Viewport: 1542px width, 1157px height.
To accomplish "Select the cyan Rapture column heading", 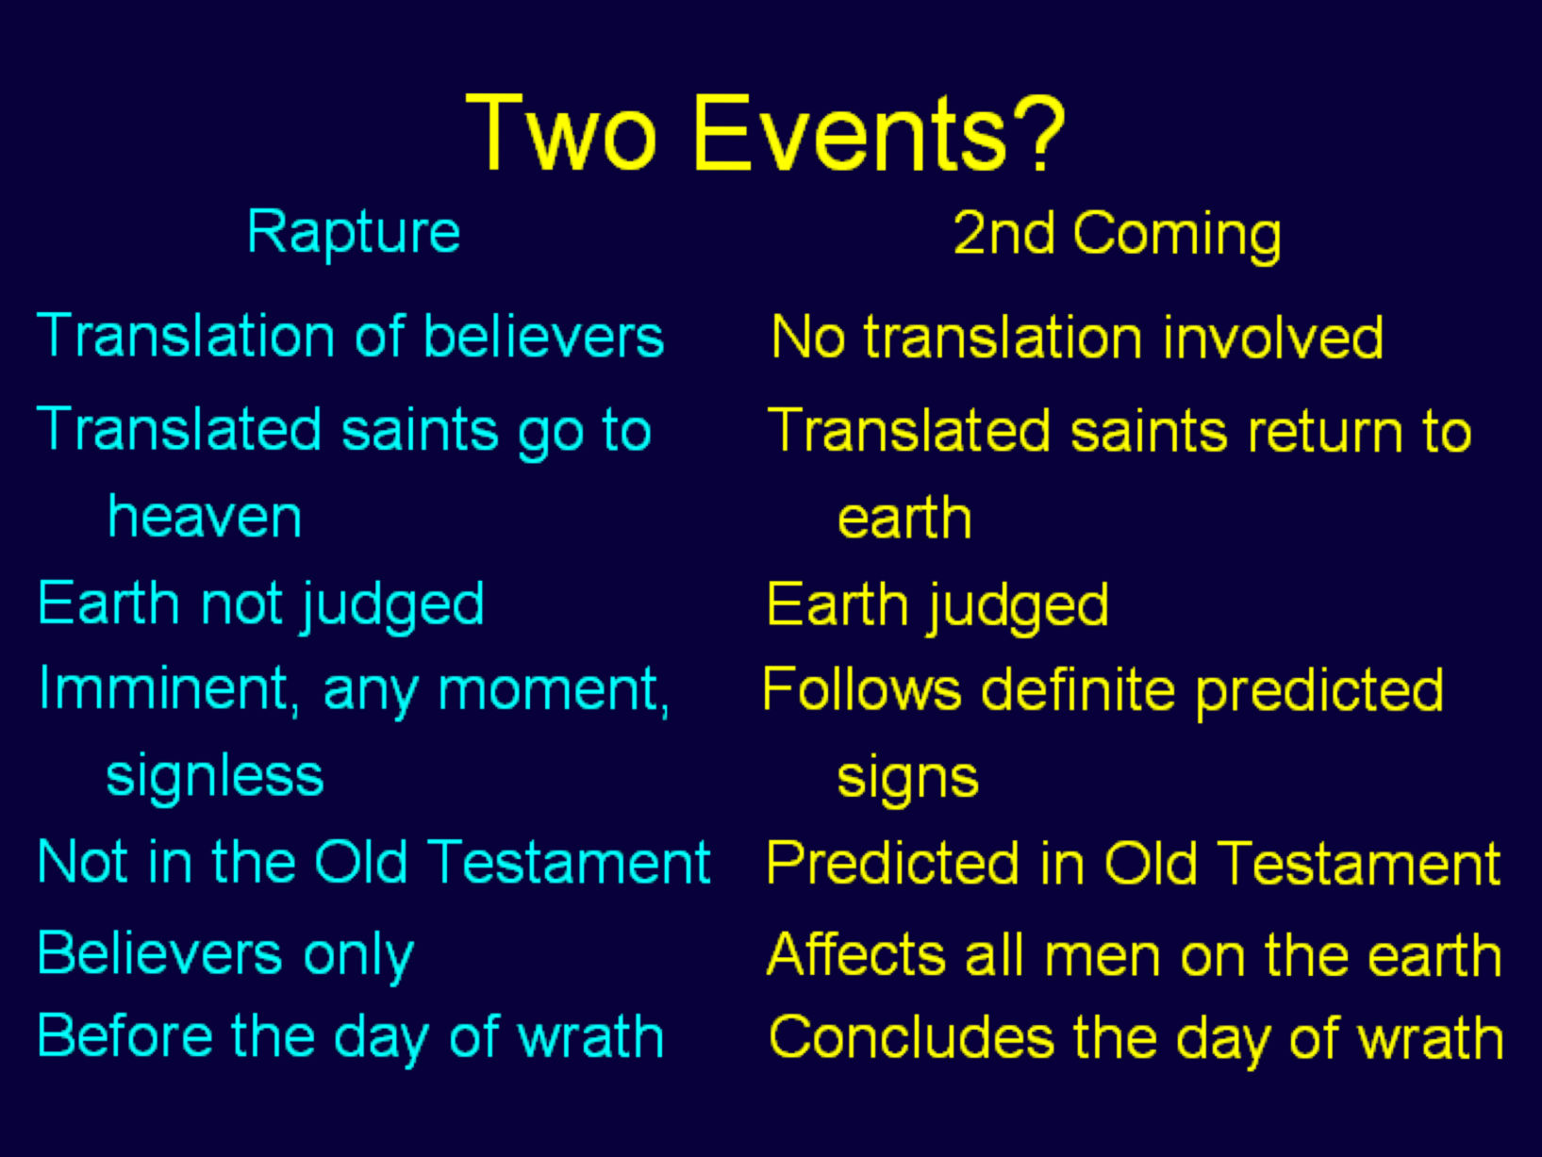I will [x=353, y=232].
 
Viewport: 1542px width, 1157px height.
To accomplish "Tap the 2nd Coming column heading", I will [x=1117, y=234].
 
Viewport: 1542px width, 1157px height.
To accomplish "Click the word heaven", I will [x=205, y=517].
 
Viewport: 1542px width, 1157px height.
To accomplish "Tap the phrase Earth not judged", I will [x=260, y=604].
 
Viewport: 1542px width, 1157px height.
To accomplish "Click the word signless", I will [x=215, y=776].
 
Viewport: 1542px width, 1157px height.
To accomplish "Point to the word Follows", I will [x=861, y=689].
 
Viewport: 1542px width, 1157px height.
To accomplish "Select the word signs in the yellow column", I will [x=907, y=778].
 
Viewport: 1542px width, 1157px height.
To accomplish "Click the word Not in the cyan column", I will [x=81, y=862].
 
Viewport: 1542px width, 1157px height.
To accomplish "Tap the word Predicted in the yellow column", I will [x=892, y=863].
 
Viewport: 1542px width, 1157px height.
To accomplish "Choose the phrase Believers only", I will [x=225, y=953].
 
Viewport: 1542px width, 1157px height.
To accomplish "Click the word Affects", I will [x=854, y=954].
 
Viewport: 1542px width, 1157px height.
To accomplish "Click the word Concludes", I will [x=911, y=1037].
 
